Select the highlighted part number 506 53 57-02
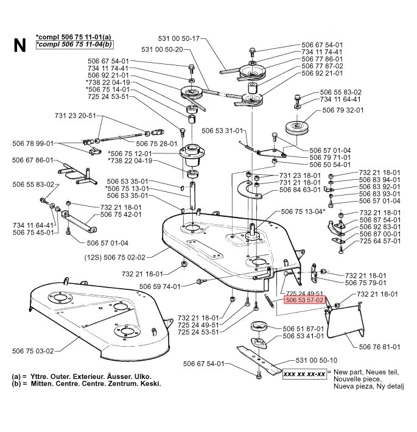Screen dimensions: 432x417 (x=306, y=300)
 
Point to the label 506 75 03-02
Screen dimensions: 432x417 (x=33, y=350)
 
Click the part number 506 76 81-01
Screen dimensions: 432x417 (x=379, y=347)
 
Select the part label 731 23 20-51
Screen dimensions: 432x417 (x=75, y=115)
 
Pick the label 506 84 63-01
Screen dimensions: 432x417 (x=300, y=190)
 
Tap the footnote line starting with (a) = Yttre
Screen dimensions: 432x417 (x=82, y=377)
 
